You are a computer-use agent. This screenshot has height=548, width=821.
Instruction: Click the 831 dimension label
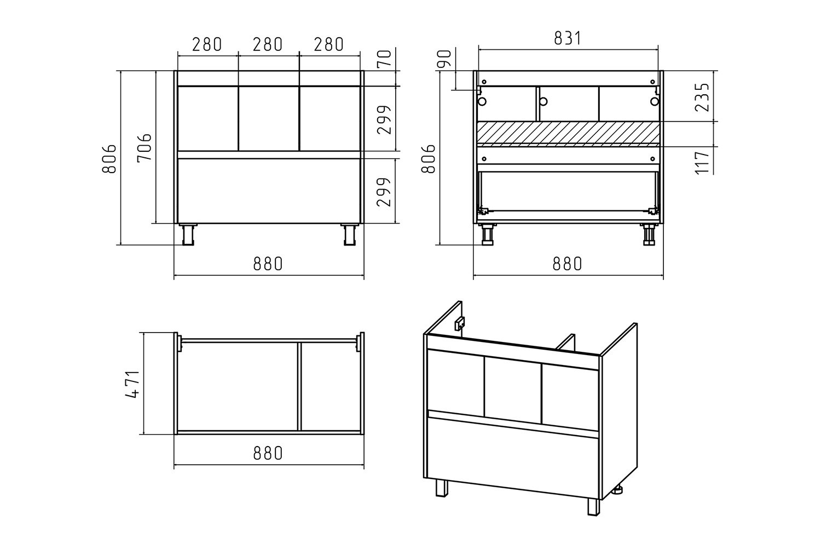click(568, 38)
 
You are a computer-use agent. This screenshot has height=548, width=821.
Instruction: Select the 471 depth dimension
click(132, 384)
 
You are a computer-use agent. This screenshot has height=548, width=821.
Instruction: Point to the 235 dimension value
click(702, 97)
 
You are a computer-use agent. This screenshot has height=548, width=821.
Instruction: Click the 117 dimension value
click(702, 162)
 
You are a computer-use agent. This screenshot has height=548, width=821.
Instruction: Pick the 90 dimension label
click(444, 59)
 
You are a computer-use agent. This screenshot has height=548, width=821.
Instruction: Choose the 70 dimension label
click(385, 59)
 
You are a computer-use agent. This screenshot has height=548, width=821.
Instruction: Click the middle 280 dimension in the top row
click(268, 44)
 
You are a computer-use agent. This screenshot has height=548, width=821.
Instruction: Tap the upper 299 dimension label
click(384, 120)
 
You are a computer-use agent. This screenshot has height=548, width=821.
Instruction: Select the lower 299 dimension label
click(384, 192)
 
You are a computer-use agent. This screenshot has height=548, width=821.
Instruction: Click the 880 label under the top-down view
click(268, 453)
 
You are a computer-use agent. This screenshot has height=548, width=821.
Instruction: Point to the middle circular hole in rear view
click(544, 101)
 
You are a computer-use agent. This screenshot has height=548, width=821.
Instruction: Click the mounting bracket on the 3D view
click(460, 323)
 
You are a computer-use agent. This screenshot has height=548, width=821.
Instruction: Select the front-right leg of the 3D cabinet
click(593, 507)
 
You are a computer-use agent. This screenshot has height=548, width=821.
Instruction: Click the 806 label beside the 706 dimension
click(109, 158)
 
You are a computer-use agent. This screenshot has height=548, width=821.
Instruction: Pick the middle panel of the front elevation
click(269, 118)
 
